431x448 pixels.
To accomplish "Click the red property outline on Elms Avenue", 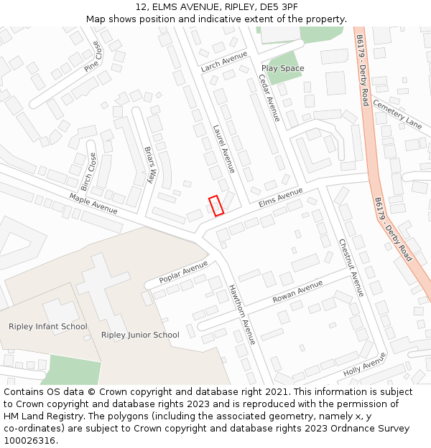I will coord(216,205).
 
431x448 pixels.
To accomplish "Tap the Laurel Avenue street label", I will coord(223,149).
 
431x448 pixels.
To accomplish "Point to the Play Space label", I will coord(282,68).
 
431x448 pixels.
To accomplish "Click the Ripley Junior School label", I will coord(140,335).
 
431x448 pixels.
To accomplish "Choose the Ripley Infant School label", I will coord(48,327).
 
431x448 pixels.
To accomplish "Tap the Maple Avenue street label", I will coord(93,204).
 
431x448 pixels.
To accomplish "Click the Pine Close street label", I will coord(93,56).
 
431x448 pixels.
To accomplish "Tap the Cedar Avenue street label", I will coord(269,98).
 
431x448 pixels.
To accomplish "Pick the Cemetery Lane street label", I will coord(398,114).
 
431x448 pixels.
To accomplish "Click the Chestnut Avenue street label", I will coord(352,267).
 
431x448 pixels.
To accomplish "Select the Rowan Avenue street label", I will coord(297,292).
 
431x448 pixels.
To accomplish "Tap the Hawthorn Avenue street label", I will coord(242,315).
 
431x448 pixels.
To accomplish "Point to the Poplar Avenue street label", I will coord(183,272).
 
